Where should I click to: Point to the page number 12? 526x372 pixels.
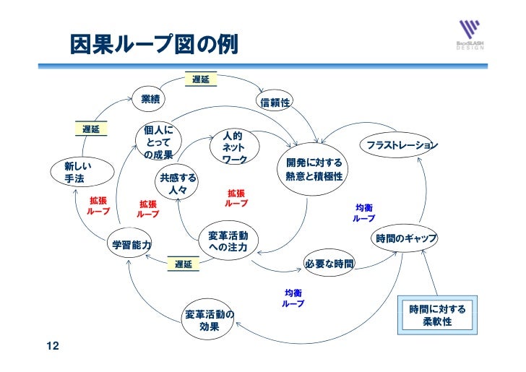point(52,347)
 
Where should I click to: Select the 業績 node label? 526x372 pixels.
point(150,98)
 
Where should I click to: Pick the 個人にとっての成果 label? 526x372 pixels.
point(158,142)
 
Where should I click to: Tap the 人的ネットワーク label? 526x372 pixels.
point(234,147)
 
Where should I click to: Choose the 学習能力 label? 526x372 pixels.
point(131,245)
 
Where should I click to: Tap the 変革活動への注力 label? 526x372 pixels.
point(228,242)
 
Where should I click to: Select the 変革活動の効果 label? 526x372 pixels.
point(210,320)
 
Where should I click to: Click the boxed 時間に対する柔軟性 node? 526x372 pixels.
point(437,315)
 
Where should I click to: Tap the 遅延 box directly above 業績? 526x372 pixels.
point(201,79)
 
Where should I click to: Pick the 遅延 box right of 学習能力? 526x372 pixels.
point(184,264)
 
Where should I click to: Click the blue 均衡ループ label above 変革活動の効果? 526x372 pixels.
point(293,298)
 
